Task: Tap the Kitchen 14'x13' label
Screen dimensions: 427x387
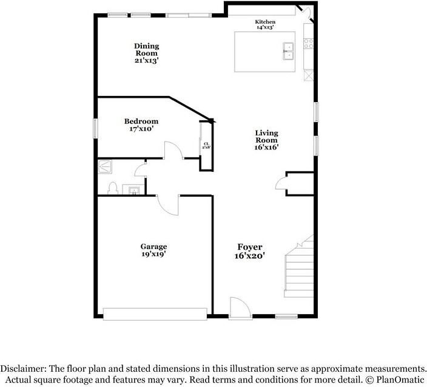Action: (x=265, y=24)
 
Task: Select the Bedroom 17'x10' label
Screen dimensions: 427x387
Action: (x=141, y=125)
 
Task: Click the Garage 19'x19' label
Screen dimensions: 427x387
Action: (x=153, y=250)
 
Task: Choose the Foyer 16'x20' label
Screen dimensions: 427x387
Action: (x=250, y=251)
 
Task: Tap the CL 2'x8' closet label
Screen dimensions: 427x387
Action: (x=206, y=145)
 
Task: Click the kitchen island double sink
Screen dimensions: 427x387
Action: (x=288, y=51)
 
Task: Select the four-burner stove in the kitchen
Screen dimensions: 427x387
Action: (x=309, y=44)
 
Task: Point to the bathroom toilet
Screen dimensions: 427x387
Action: (x=112, y=188)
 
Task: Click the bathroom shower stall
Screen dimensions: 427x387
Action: (x=105, y=166)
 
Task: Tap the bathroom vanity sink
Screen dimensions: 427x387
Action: (x=133, y=190)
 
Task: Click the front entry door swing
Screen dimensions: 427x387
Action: (x=240, y=307)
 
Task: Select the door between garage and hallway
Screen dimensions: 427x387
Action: (x=168, y=205)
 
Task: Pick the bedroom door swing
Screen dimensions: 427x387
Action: (x=173, y=149)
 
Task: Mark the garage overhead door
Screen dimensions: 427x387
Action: (x=155, y=314)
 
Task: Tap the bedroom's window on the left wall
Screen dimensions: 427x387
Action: (x=95, y=128)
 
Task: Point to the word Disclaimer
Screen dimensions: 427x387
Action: (x=22, y=369)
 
